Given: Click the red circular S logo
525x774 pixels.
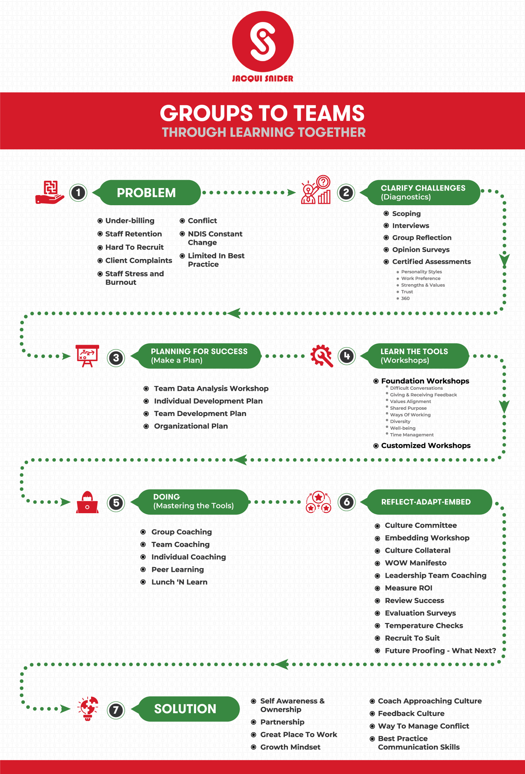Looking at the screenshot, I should [x=262, y=42].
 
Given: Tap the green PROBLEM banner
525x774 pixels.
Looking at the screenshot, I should [x=147, y=193].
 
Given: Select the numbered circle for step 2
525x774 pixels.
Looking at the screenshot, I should [x=346, y=193].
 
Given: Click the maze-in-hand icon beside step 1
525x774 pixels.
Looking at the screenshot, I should [x=50, y=193].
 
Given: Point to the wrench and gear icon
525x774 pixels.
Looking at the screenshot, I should [x=321, y=356].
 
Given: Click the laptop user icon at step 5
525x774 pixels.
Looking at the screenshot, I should [x=87, y=503].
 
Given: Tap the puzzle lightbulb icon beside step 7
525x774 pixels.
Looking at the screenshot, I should [x=88, y=708].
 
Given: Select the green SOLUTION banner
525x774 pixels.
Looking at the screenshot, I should [x=185, y=709].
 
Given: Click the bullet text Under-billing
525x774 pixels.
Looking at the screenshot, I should [x=129, y=221].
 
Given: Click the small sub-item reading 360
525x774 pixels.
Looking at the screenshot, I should [x=405, y=298].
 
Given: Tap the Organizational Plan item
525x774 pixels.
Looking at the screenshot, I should [x=191, y=426].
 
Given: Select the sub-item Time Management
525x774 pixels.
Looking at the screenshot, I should [x=412, y=435].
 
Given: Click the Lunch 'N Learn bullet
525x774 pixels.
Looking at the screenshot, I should [x=179, y=582].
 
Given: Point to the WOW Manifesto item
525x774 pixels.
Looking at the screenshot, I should [x=415, y=563].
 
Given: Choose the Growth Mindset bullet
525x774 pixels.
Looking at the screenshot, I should [x=290, y=747].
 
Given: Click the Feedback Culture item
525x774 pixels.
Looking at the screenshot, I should [x=411, y=714].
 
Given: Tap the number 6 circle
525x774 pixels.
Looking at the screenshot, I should [x=346, y=502].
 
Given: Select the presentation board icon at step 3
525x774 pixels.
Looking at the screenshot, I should [x=87, y=356].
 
